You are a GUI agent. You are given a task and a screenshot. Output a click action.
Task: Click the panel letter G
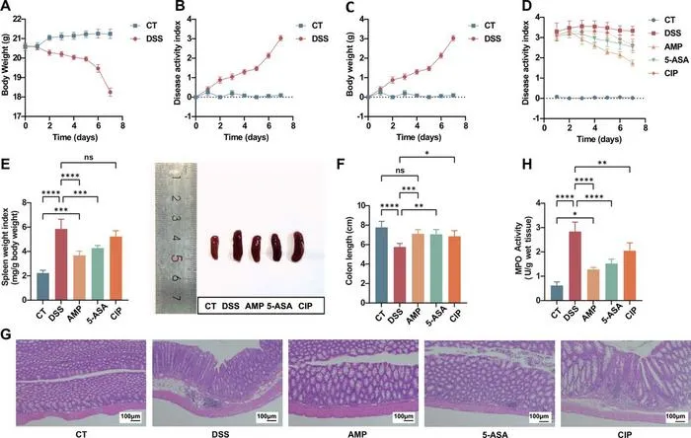click(x=7, y=334)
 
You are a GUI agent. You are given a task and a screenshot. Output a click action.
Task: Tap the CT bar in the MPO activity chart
click(x=557, y=293)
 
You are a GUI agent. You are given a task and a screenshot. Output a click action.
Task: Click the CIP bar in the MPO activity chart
click(x=631, y=275)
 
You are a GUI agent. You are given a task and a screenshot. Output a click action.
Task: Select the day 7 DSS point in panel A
click(x=111, y=92)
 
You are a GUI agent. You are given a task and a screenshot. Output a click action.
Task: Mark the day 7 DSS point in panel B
click(x=280, y=38)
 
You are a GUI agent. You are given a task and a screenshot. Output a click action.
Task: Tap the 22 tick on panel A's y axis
click(x=17, y=19)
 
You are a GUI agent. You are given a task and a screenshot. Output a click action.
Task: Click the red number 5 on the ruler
click(x=176, y=258)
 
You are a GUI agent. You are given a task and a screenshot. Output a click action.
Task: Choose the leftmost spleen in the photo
click(x=214, y=248)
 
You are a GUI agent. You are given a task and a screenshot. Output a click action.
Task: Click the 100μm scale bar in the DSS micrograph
click(x=268, y=418)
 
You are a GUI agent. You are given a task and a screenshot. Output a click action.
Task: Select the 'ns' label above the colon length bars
click(x=400, y=171)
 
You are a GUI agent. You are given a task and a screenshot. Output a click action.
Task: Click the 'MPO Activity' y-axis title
click(x=518, y=249)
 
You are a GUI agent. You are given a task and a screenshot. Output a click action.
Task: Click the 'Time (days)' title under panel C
click(x=419, y=137)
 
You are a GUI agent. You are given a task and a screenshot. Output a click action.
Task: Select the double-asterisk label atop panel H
click(x=602, y=163)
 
